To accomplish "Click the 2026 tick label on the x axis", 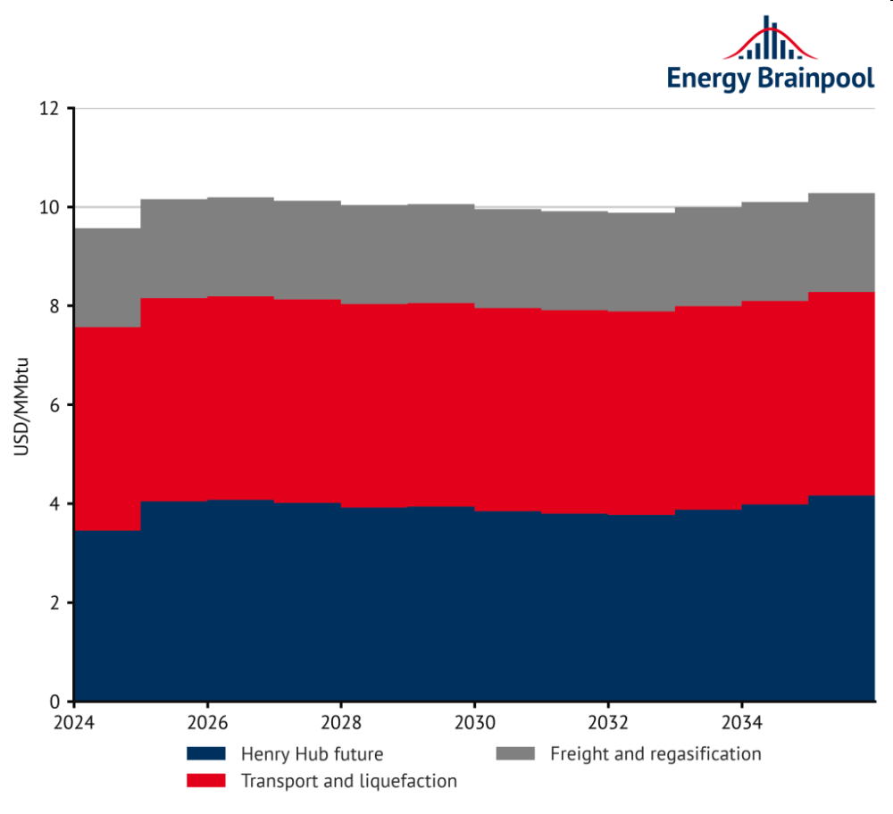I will click(207, 720).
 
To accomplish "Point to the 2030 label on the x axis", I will click(474, 720).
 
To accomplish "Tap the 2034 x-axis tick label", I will click(741, 720).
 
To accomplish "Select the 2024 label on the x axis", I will click(74, 720).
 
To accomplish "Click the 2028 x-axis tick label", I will click(340, 720).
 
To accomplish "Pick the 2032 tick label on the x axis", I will click(608, 720).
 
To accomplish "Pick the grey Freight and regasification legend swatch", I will click(515, 754).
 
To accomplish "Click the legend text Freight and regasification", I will click(655, 754).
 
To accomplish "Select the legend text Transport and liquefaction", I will click(349, 781).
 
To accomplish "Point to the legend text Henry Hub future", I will click(312, 755).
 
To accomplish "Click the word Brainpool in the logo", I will click(816, 78).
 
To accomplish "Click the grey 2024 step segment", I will click(107, 278).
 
